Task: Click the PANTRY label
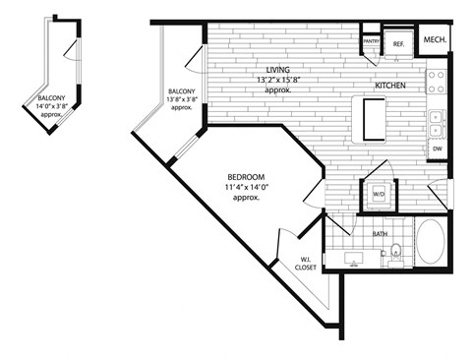pyautogui.click(x=371, y=41)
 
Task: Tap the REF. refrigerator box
pyautogui.click(x=399, y=43)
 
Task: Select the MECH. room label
pyautogui.click(x=436, y=40)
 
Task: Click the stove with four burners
pyautogui.click(x=438, y=78)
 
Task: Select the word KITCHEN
pyautogui.click(x=391, y=87)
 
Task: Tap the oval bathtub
pyautogui.click(x=431, y=242)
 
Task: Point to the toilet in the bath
pyautogui.click(x=395, y=254)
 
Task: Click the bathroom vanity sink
pyautogui.click(x=356, y=258)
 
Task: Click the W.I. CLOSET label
pyautogui.click(x=314, y=265)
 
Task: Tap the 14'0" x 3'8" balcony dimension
pyautogui.click(x=53, y=108)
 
